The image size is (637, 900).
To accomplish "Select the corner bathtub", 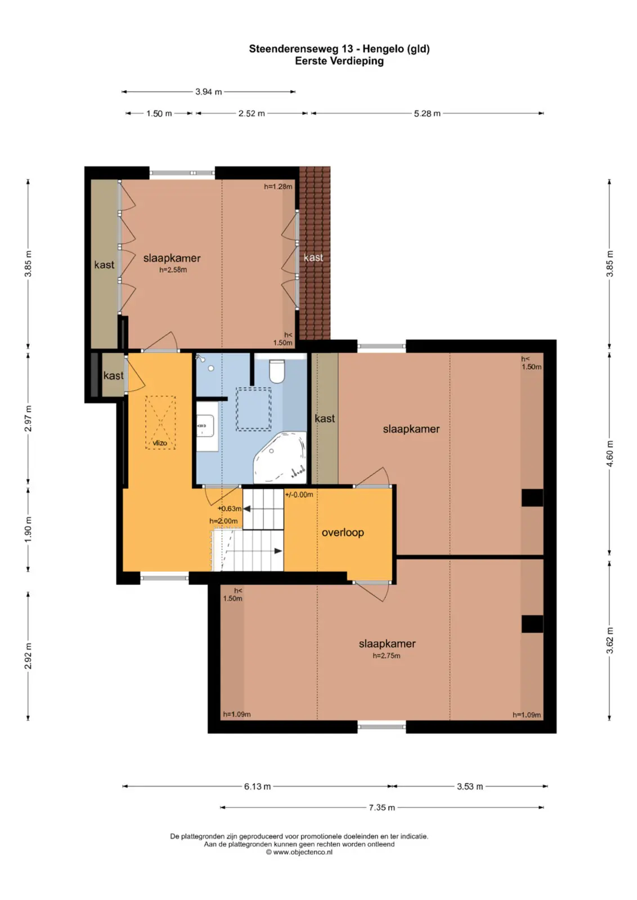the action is (280, 458).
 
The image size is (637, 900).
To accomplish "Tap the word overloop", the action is (343, 532).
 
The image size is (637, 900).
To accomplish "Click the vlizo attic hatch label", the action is (160, 443).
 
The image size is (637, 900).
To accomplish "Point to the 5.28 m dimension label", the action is (427, 114).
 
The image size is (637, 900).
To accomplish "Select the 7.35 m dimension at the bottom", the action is (382, 808).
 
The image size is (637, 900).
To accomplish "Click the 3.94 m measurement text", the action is (209, 92).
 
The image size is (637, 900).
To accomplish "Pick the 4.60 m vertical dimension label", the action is (610, 453).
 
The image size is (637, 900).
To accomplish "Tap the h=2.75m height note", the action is (387, 656).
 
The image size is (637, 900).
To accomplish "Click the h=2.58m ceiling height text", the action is (173, 270).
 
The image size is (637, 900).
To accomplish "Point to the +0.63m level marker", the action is (230, 508).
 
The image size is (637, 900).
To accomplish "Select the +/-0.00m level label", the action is (299, 494).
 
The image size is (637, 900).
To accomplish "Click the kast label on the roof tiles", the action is (313, 258).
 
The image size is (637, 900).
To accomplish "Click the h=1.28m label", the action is (278, 186).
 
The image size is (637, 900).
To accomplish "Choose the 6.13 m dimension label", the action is (257, 787).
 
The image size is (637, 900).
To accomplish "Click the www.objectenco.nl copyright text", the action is (299, 852).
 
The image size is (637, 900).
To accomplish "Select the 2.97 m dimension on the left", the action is (28, 418).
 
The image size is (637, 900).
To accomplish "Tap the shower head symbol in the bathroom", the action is (200, 357).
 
